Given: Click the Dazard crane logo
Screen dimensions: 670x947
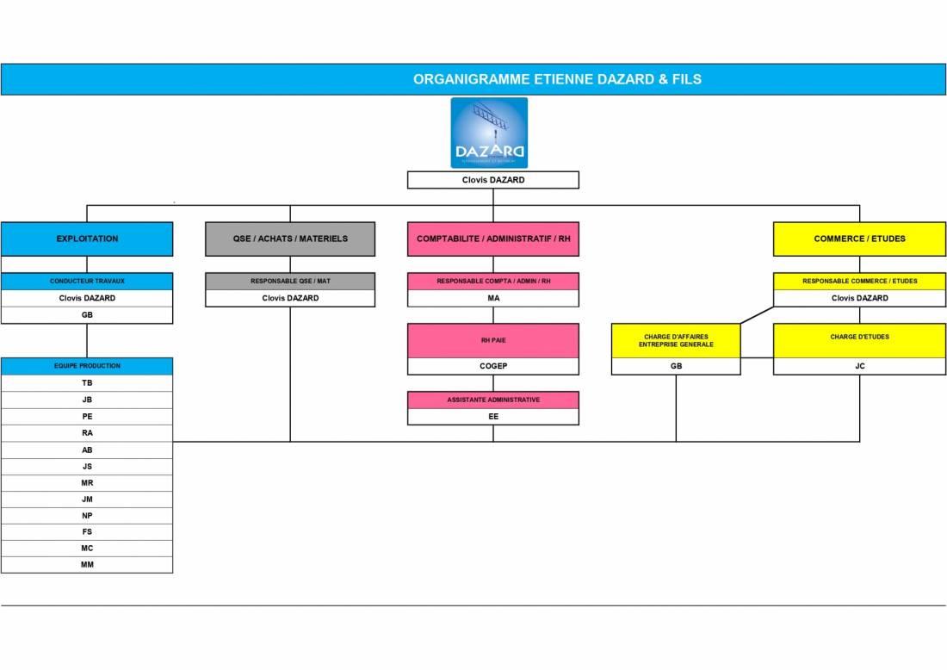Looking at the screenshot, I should (489, 133).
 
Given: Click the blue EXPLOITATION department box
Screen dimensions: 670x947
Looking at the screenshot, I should (87, 239).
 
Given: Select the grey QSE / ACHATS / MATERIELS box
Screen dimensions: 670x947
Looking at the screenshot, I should (290, 239).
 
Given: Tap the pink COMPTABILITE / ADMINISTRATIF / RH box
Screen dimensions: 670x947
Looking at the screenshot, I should (493, 239).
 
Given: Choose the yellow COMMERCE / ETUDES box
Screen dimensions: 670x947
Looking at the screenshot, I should (859, 239).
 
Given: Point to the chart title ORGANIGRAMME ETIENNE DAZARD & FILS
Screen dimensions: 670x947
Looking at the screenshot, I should (557, 79).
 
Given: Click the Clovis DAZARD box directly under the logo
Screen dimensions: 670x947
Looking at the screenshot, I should (493, 180).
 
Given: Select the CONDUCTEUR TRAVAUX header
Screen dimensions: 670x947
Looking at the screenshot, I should (87, 281).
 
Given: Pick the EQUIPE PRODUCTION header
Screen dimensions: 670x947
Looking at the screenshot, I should (87, 366).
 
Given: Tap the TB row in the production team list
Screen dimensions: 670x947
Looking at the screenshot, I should (87, 382).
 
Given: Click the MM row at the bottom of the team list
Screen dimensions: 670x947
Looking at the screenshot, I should (87, 565).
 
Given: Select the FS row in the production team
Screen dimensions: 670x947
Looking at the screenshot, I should (87, 532).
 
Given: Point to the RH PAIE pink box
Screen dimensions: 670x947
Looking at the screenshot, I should (493, 340).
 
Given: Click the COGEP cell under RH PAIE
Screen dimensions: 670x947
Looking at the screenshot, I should (493, 366).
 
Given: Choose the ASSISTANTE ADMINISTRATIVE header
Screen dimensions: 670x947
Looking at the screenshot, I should (493, 400).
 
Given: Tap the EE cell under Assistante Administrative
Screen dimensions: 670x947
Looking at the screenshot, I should (493, 417).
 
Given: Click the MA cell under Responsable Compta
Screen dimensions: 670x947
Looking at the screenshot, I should (493, 298).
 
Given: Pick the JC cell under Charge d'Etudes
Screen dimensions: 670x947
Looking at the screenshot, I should (859, 366).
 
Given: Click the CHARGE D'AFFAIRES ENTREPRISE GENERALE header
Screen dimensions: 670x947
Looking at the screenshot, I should (676, 340).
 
